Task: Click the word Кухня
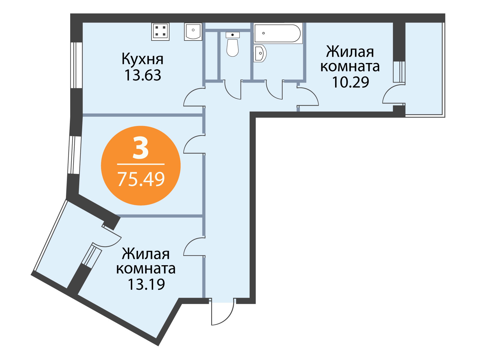click(x=142, y=59)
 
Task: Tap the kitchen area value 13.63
click(x=142, y=75)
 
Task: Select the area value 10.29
click(x=350, y=82)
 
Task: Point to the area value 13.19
click(x=146, y=284)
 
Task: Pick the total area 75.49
click(x=141, y=179)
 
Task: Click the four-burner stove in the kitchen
click(x=160, y=32)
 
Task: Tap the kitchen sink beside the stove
click(x=193, y=32)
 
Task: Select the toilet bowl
click(x=232, y=44)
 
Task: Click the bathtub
click(x=278, y=33)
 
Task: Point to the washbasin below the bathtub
click(x=260, y=53)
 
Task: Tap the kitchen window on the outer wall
click(x=76, y=65)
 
